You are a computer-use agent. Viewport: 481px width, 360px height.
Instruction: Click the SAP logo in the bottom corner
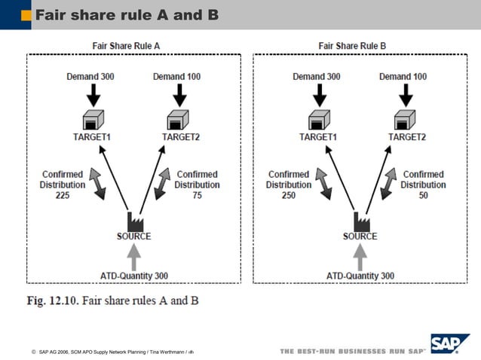pyautogui.click(x=450, y=343)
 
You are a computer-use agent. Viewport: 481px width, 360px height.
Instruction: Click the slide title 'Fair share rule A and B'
pyautogui.click(x=127, y=14)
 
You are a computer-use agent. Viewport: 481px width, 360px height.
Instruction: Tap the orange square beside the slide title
pyautogui.click(x=26, y=14)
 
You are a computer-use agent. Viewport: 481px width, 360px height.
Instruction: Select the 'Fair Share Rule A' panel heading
pyautogui.click(x=125, y=46)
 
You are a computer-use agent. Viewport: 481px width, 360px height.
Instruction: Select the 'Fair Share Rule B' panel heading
pyautogui.click(x=352, y=46)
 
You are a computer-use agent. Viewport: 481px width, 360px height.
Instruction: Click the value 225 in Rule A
pyautogui.click(x=63, y=195)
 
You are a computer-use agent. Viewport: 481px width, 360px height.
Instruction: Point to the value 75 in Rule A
pyautogui.click(x=197, y=195)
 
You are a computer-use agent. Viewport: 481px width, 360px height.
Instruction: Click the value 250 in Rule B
pyautogui.click(x=289, y=195)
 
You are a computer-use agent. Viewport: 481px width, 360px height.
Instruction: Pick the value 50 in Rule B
pyautogui.click(x=423, y=195)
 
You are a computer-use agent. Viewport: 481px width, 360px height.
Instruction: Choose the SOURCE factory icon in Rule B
pyautogui.click(x=360, y=221)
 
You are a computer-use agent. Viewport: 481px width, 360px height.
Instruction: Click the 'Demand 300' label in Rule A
pyautogui.click(x=90, y=77)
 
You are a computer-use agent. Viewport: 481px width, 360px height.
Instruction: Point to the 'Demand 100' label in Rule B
pyautogui.click(x=403, y=77)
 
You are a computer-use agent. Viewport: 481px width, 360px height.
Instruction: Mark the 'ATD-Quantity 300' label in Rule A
pyautogui.click(x=134, y=276)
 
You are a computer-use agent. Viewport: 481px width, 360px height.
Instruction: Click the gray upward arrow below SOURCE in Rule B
pyautogui.click(x=360, y=257)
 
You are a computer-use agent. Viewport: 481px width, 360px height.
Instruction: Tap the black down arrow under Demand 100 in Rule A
pyautogui.click(x=179, y=95)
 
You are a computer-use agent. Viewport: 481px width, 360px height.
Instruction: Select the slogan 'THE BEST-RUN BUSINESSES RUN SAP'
pyautogui.click(x=353, y=351)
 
